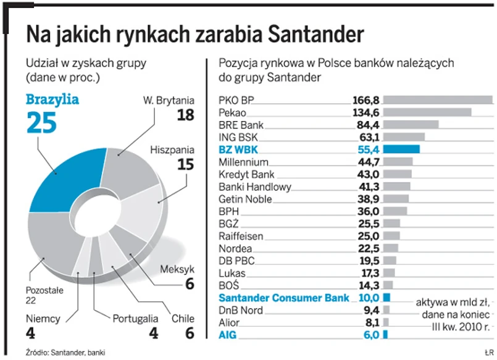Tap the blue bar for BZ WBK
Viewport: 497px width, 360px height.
(x=401, y=149)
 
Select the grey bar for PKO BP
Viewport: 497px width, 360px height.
(x=438, y=99)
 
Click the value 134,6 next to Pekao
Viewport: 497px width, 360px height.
(x=365, y=112)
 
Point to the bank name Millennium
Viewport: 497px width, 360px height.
(x=243, y=162)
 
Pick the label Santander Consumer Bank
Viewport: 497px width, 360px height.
(x=279, y=298)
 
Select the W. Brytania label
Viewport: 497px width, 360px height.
(x=169, y=100)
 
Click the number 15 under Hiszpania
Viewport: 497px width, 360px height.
(x=185, y=164)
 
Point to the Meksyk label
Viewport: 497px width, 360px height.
(x=177, y=269)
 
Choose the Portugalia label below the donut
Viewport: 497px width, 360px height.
(x=135, y=319)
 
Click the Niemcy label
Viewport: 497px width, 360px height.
(x=43, y=319)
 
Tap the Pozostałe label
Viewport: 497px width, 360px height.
(x=44, y=288)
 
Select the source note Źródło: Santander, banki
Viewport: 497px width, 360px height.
(x=56, y=353)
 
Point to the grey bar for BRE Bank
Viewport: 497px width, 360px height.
(x=411, y=124)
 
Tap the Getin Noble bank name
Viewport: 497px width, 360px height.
(x=245, y=199)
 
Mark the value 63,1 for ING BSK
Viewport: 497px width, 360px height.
(x=367, y=136)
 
